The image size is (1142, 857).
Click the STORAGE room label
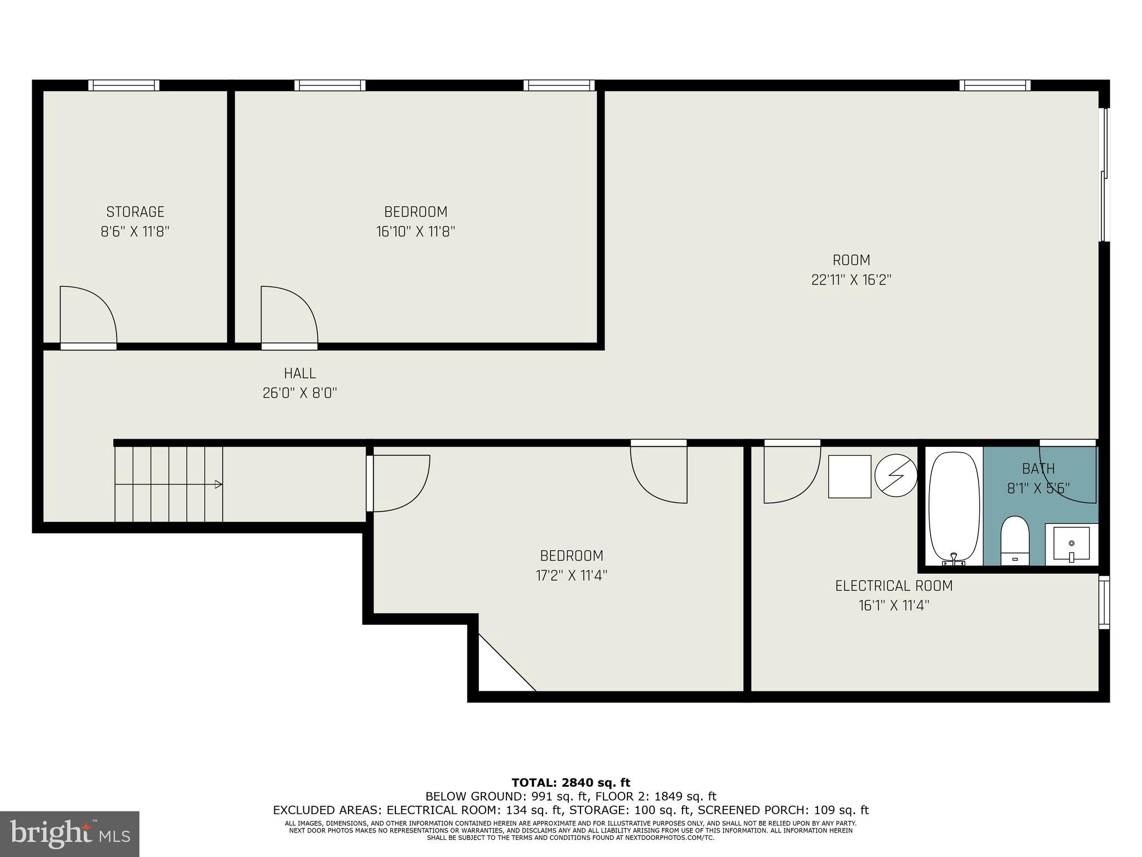pyautogui.click(x=135, y=212)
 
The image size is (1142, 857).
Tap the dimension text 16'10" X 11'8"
pyautogui.click(x=415, y=232)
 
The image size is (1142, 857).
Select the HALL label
pyautogui.click(x=299, y=373)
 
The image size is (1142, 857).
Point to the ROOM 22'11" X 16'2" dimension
pyautogui.click(x=851, y=280)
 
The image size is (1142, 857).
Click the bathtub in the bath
pyautogui.click(x=954, y=506)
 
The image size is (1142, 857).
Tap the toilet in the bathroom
pyautogui.click(x=1014, y=539)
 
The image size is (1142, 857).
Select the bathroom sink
pyautogui.click(x=1071, y=543)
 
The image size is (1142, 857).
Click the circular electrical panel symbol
pyautogui.click(x=896, y=476)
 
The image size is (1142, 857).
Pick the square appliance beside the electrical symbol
pyautogui.click(x=849, y=476)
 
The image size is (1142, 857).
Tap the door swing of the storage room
pyautogui.click(x=88, y=315)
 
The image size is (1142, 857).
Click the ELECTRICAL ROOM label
pyautogui.click(x=893, y=586)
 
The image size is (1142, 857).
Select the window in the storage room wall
pyautogui.click(x=124, y=85)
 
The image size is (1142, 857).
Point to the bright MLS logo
pyautogui.click(x=70, y=834)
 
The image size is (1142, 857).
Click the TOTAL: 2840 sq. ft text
pyautogui.click(x=570, y=782)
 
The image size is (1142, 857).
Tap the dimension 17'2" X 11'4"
pyautogui.click(x=571, y=575)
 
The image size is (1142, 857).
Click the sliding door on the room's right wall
pyautogui.click(x=1104, y=175)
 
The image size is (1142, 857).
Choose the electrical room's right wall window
pyautogui.click(x=1104, y=602)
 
